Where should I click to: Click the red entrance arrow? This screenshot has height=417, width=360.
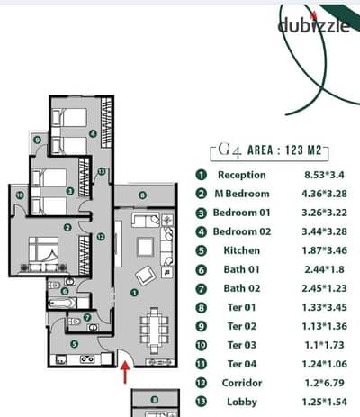[x=125, y=372]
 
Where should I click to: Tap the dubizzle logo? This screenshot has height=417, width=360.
[x=313, y=24]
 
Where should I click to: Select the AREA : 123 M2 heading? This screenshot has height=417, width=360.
[x=284, y=150]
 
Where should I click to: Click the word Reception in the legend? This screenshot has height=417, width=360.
[x=242, y=175]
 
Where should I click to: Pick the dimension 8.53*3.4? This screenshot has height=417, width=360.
[x=324, y=175]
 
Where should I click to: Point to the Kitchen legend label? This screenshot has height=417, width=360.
[x=242, y=250]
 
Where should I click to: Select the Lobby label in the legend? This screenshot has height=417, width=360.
[x=242, y=402]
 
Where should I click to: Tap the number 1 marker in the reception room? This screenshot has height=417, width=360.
[x=134, y=293]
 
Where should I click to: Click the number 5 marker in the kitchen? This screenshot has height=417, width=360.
[x=74, y=344]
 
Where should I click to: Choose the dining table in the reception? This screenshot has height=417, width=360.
[x=154, y=330]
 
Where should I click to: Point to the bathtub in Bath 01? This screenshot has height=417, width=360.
[x=61, y=304]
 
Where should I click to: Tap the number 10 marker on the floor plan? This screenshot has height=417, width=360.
[x=20, y=195]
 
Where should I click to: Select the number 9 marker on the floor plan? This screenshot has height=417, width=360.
[x=37, y=140]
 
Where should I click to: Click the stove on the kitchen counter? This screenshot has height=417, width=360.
[x=87, y=358]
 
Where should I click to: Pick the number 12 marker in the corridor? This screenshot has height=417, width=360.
[x=101, y=237]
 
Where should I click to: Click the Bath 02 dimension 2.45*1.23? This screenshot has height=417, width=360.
[x=324, y=288]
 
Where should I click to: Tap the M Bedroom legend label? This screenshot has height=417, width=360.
[x=242, y=194]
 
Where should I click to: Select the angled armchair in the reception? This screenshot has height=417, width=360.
[x=146, y=275]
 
